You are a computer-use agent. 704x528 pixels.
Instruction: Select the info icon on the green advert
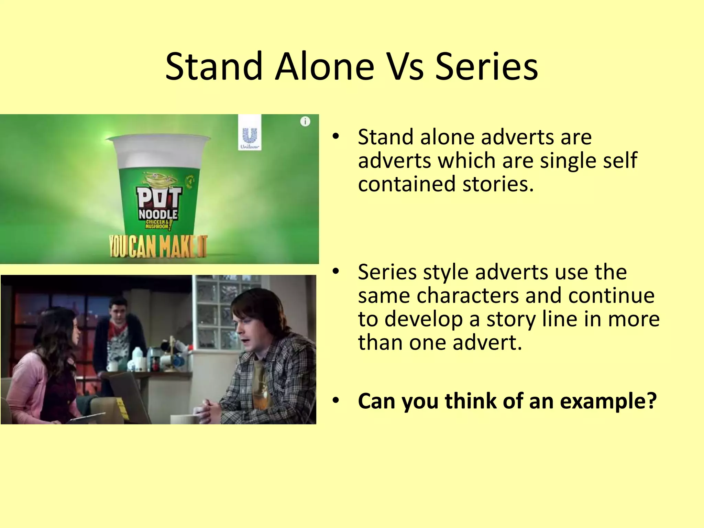(x=305, y=121)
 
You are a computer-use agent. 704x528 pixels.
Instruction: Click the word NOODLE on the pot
(x=158, y=214)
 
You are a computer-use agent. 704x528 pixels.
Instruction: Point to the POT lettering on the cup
(x=159, y=197)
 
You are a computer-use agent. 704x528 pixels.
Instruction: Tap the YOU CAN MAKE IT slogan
(x=158, y=246)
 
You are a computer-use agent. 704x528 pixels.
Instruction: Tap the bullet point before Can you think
(x=336, y=400)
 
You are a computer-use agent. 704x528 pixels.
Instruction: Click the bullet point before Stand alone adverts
(x=336, y=137)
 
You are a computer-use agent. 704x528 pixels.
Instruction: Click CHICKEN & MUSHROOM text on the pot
(x=157, y=224)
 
